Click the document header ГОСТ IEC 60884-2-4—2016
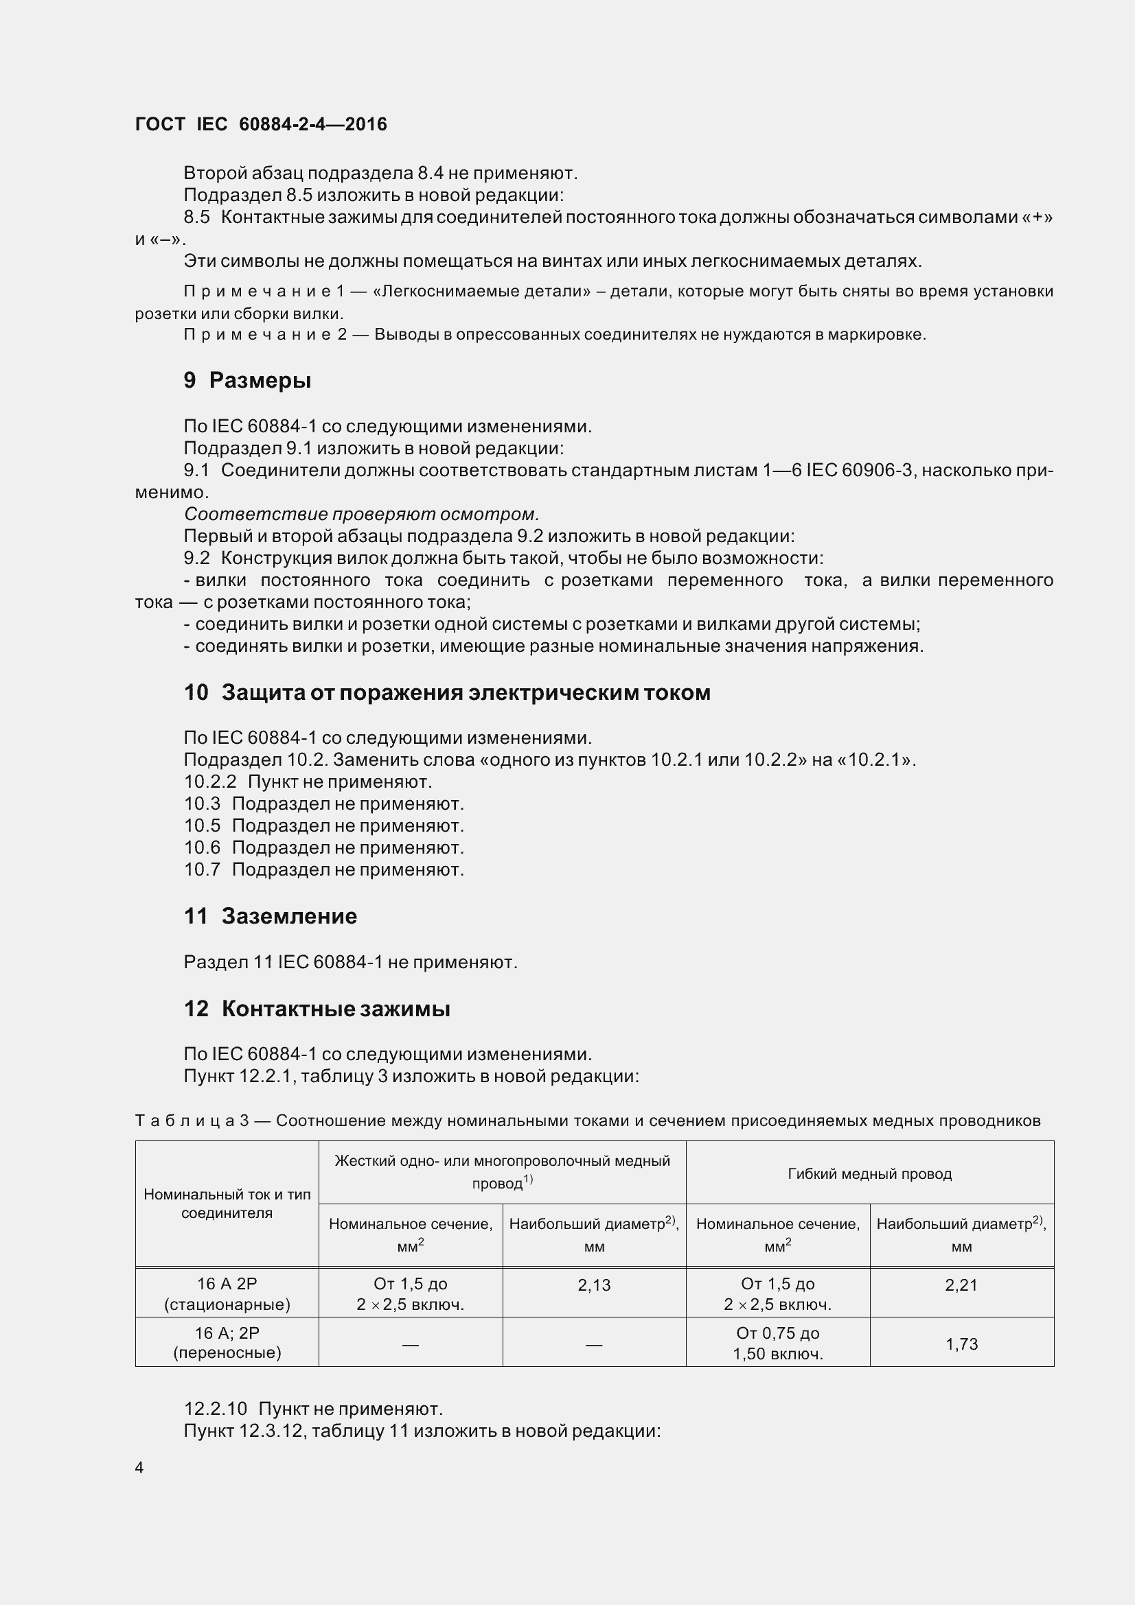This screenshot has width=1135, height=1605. pos(260,124)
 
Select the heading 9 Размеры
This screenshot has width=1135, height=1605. pos(247,380)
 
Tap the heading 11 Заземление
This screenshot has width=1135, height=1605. pos(270,916)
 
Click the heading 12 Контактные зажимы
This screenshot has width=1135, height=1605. pos(316,1008)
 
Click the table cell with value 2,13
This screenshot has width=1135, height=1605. pos(594,1285)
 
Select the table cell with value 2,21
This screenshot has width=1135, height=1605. pos(961,1285)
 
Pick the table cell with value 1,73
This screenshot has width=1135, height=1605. pos(961,1344)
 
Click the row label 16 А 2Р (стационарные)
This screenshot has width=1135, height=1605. pos(227,1294)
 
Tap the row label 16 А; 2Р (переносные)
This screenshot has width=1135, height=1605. pos(227,1343)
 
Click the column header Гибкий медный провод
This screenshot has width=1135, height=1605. pos(869,1173)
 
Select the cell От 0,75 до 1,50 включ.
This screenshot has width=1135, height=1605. pos(777,1344)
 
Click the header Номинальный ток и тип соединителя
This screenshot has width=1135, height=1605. pos(227,1203)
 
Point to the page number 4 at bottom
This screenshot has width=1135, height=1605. pos(139,1468)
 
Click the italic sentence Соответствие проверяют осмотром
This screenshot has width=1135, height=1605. pos(361,515)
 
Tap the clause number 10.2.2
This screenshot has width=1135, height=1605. pos(210,782)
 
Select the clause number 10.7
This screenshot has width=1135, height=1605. pos(202,869)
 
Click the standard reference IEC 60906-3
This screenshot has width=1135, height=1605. pos(860,471)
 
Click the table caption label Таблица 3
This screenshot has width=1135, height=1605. pos(192,1121)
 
